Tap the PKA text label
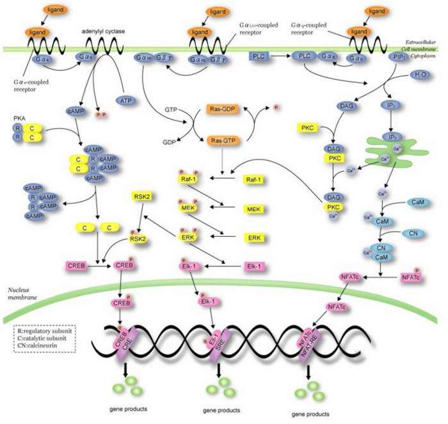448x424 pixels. pyautogui.click(x=19, y=118)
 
